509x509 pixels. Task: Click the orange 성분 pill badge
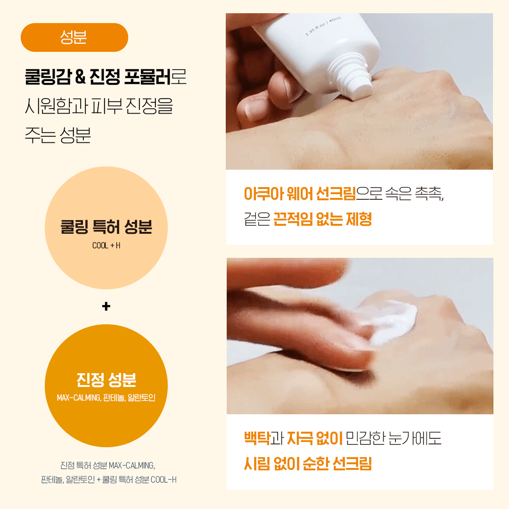tap(74, 37)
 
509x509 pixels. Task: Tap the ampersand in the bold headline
tap(80, 77)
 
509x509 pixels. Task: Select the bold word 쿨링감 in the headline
tap(48, 77)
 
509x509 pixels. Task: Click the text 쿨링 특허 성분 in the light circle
tap(106, 227)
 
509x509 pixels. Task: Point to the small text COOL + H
tap(106, 246)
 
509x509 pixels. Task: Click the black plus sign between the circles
tap(106, 306)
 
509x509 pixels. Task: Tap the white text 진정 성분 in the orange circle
tap(106, 379)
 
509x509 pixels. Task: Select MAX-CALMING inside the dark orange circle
tap(79, 398)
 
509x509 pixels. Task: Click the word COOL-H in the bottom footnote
tap(164, 479)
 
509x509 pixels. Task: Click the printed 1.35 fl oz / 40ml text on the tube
tap(323, 26)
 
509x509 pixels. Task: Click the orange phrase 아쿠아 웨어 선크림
tap(300, 194)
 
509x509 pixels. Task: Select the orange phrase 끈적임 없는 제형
tap(322, 219)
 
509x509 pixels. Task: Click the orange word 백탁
tap(257, 438)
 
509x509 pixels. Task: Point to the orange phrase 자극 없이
tap(314, 438)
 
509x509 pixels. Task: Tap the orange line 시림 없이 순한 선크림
tap(308, 463)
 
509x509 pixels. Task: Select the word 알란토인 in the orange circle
tap(141, 398)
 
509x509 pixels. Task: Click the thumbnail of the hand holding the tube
tap(359, 91)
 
